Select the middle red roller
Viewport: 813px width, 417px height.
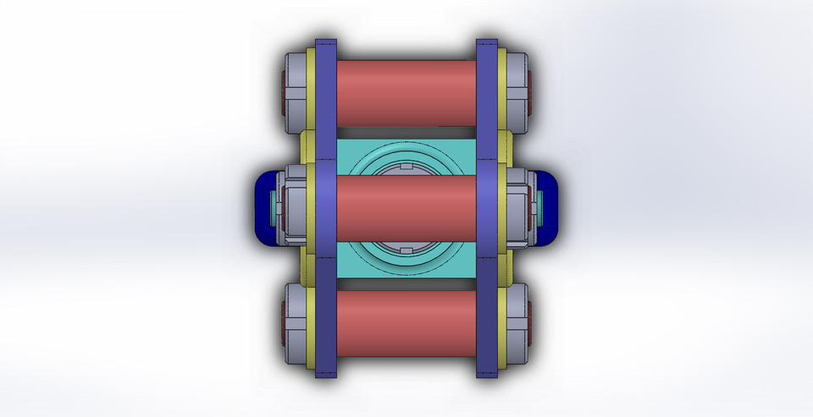click(x=406, y=207)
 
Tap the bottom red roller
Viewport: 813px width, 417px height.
click(x=406, y=326)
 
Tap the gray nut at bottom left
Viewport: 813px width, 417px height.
click(x=293, y=326)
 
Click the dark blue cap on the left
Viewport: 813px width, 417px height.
click(x=263, y=207)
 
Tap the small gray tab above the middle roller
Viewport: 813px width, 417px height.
click(x=406, y=171)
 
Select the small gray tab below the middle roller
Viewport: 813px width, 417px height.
click(x=406, y=249)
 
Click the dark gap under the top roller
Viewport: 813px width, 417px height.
click(x=406, y=133)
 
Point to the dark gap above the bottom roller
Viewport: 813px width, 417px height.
click(x=406, y=284)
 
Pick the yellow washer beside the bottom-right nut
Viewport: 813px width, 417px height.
click(x=502, y=326)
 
